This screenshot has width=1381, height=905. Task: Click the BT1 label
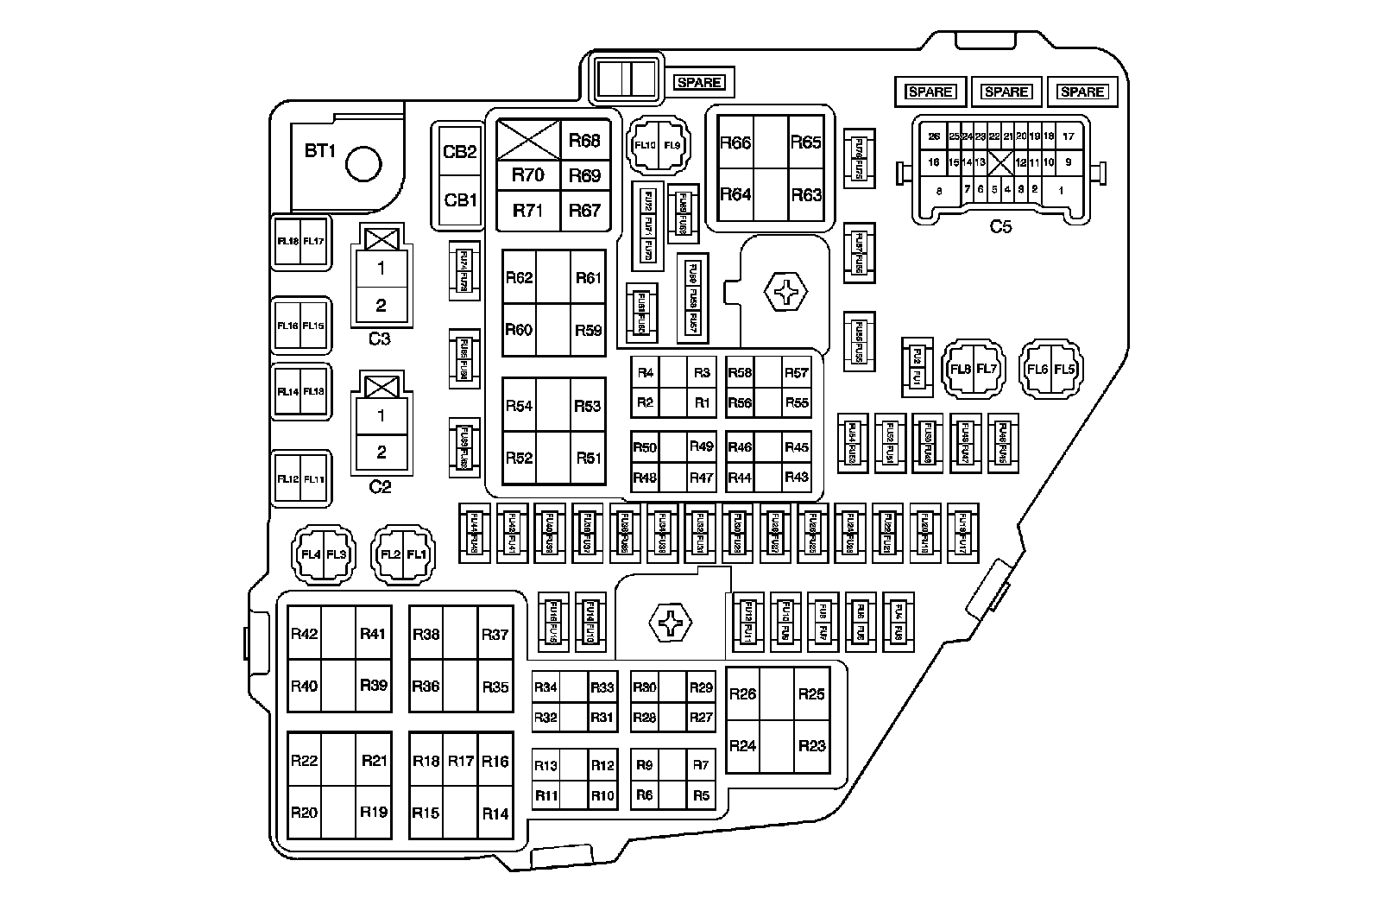click(319, 151)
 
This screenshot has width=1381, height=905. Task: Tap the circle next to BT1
click(363, 162)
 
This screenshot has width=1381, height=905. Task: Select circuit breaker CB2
click(460, 151)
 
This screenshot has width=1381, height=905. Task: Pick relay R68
click(584, 141)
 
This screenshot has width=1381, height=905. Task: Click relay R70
click(527, 175)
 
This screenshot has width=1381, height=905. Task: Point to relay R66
click(735, 142)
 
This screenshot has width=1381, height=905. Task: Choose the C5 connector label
click(1000, 227)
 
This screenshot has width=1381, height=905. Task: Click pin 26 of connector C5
click(933, 136)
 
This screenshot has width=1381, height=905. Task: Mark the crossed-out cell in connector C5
click(1001, 162)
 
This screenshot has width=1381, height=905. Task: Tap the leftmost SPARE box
click(699, 83)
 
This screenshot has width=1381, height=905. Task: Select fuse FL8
click(961, 370)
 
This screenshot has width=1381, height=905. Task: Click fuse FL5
click(1065, 370)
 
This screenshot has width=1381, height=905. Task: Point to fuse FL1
click(416, 554)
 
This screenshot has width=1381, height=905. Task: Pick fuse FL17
click(313, 241)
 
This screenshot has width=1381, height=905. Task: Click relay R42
click(304, 634)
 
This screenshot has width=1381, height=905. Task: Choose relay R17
click(461, 761)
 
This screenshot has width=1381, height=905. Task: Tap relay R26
click(742, 693)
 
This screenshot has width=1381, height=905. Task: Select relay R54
click(519, 406)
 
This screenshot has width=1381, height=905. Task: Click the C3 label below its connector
click(380, 339)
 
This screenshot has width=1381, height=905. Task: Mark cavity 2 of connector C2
click(381, 452)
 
